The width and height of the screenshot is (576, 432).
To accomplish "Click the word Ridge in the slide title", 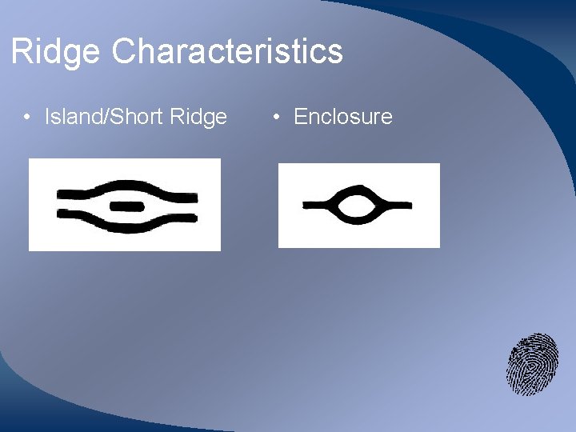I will [56, 52].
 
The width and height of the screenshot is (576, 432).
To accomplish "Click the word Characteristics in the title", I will [227, 52].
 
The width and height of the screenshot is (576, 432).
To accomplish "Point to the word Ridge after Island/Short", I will [198, 117].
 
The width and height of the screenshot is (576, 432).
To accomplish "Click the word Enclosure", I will [343, 117].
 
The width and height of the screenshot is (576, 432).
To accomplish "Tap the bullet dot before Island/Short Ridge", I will [27, 118].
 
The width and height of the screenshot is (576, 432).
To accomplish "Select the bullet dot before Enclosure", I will [276, 118].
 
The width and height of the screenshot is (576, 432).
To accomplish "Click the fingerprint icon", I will [532, 364].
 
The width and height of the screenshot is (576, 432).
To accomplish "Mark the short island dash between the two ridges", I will [126, 206].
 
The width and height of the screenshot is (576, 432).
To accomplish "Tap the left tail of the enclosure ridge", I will [316, 206].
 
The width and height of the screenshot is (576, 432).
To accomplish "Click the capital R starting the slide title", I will [21, 52].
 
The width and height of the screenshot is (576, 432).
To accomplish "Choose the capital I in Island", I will [47, 117].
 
